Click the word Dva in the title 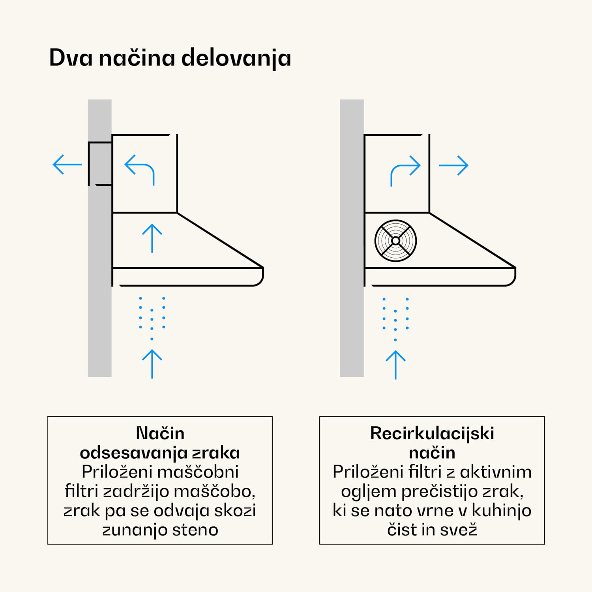point(71,58)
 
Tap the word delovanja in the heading point(236,58)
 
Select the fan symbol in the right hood point(395,241)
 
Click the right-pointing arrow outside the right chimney point(454,165)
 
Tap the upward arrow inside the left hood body point(152,238)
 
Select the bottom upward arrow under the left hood point(152,363)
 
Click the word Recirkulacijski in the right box point(432,433)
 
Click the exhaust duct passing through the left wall point(100,163)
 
